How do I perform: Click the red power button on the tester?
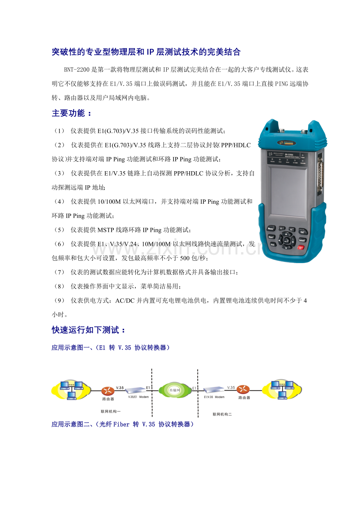[301, 247]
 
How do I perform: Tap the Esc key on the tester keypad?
[302, 232]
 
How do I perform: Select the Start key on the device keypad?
[271, 237]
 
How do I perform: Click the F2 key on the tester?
[292, 229]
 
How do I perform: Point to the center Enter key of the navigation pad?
[286, 240]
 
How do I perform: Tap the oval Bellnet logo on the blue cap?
[286, 143]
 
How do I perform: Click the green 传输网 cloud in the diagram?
[175, 390]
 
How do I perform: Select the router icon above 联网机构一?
[108, 391]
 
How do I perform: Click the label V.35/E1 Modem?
[138, 397]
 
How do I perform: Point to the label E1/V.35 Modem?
[214, 397]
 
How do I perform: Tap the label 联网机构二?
[222, 414]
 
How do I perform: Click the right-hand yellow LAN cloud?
[282, 390]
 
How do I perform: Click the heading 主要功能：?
[72, 113]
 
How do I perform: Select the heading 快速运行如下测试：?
[88, 330]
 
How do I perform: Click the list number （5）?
[59, 230]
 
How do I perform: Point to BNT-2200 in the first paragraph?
[77, 70]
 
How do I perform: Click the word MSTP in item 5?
[106, 230]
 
